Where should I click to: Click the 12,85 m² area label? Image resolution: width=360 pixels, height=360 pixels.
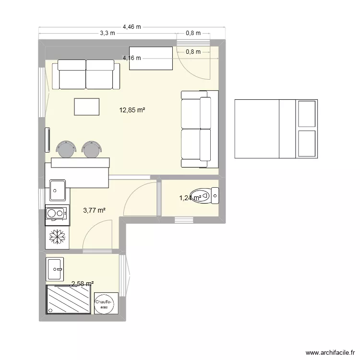[132, 110]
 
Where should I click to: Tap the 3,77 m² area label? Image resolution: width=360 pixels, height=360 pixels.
[94, 210]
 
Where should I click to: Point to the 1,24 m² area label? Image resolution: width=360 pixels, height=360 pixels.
[190, 197]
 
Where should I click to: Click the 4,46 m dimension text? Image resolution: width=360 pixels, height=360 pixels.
[132, 27]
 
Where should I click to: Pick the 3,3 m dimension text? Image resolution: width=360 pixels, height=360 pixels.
[108, 34]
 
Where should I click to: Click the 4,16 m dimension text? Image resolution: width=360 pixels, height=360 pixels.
[132, 58]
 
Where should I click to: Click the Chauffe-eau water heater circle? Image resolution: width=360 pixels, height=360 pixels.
[104, 303]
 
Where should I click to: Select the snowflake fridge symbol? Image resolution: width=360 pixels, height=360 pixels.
[58, 237]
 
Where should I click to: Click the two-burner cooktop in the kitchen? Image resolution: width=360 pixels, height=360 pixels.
[57, 214]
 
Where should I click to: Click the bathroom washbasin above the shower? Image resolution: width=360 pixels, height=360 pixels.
[55, 269]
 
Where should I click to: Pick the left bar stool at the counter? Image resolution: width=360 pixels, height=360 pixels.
[66, 149]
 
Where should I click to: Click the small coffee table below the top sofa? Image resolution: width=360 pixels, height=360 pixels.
[87, 107]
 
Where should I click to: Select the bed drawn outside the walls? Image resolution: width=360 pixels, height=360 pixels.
[276, 129]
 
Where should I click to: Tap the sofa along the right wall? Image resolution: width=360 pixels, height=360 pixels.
[196, 129]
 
